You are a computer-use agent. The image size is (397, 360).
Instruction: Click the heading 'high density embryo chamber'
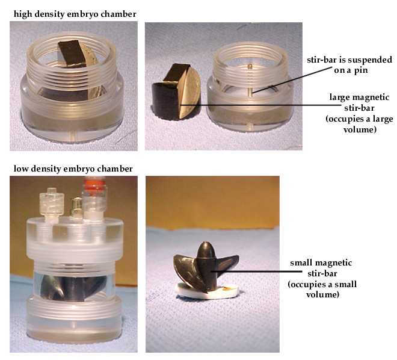(x=75, y=14)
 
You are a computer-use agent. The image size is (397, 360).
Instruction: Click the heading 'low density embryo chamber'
(x=73, y=169)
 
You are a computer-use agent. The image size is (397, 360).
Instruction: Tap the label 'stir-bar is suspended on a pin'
(x=349, y=65)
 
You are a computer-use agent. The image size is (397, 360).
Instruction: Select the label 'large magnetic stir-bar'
(x=359, y=102)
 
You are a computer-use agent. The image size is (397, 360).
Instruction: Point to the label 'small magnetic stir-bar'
(x=321, y=268)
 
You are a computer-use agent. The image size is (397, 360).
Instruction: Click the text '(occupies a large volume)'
(x=360, y=124)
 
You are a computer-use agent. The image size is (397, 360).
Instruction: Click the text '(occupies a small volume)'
(x=322, y=290)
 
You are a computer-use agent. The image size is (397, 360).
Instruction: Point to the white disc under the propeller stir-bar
(x=206, y=291)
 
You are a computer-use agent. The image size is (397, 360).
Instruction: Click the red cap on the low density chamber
(x=94, y=183)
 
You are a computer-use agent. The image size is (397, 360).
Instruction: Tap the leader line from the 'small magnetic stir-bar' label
(x=256, y=272)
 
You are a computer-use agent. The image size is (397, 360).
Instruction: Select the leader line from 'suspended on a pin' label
(x=292, y=79)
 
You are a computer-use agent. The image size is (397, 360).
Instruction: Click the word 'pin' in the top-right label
(x=361, y=70)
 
